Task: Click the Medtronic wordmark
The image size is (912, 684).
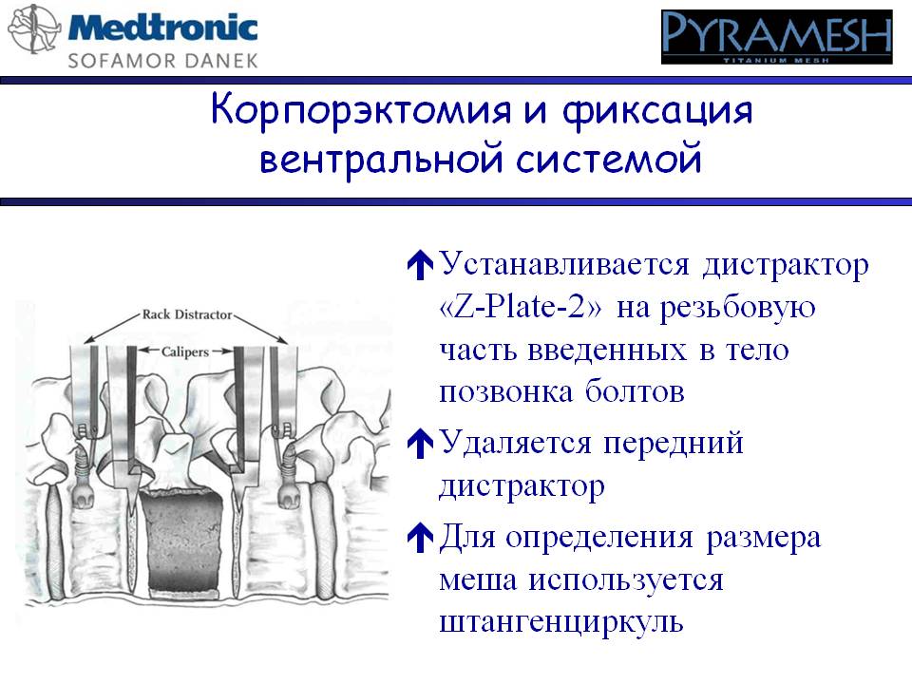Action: (162, 28)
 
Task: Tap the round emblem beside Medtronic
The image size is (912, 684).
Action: (34, 29)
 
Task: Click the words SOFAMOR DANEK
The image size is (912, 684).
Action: (162, 61)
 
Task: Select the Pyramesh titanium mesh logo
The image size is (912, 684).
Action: (776, 37)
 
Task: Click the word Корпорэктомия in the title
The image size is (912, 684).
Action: (361, 110)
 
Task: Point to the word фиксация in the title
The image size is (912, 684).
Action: (657, 110)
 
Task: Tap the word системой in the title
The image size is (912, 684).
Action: (608, 159)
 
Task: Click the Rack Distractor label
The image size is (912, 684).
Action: (187, 314)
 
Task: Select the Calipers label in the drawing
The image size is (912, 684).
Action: (185, 351)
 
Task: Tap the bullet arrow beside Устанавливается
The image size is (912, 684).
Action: (420, 265)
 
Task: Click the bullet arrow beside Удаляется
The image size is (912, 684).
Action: (420, 444)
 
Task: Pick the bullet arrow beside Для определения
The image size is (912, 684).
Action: (420, 537)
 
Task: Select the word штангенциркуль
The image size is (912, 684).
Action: (561, 621)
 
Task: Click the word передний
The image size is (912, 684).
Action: (674, 444)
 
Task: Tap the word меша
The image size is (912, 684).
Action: (478, 579)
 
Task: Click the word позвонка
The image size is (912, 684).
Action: (505, 392)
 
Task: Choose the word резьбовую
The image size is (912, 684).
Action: (737, 308)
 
